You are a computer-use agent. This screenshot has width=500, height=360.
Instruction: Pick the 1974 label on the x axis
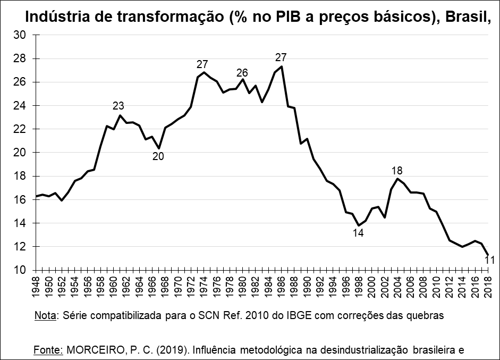coord(203,288)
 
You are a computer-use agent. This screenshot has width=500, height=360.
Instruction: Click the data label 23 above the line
coord(118,106)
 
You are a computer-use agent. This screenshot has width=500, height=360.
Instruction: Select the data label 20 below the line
coord(158,157)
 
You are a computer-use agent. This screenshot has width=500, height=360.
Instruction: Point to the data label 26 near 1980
coord(242,73)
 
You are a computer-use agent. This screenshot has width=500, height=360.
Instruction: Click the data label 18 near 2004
coord(396,171)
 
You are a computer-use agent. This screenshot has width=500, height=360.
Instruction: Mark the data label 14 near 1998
coord(358,232)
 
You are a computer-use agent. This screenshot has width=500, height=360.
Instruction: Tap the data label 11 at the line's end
coord(490,260)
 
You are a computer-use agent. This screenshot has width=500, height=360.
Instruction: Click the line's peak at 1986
coord(281,66)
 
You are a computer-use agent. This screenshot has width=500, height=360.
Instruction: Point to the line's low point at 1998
coord(358,225)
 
